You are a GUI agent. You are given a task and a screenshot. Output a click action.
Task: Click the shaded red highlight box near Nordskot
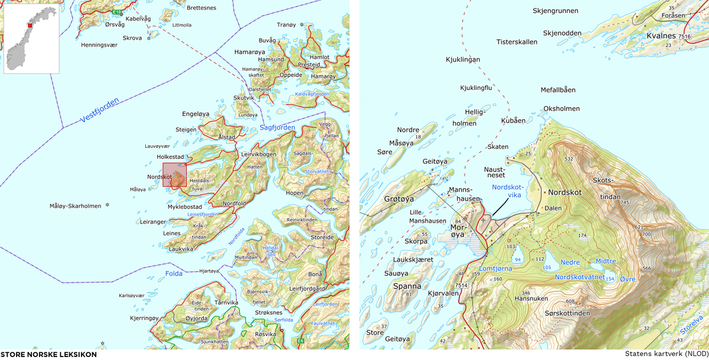tap(174, 175)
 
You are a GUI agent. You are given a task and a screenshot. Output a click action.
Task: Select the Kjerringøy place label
tap(144, 318)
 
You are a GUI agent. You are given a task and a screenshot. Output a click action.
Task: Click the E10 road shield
tap(118, 12)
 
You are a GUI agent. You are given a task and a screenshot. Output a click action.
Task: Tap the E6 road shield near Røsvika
tap(301, 341)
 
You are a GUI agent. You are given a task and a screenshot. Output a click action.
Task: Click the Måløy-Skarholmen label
tap(76, 206)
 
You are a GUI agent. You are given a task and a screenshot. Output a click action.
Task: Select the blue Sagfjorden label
tap(277, 128)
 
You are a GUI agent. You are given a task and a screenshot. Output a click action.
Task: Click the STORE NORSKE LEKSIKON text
tap(48, 354)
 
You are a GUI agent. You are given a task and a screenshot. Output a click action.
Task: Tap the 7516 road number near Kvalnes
tap(684, 37)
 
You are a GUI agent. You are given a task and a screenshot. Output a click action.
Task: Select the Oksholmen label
tap(561, 109)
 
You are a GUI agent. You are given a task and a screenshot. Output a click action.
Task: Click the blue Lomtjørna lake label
tap(495, 268)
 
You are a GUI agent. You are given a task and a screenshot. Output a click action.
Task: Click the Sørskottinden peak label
tap(567, 313)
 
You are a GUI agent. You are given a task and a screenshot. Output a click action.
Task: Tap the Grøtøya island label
tap(399, 199)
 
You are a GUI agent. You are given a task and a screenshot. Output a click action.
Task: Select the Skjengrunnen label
tap(555, 11)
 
